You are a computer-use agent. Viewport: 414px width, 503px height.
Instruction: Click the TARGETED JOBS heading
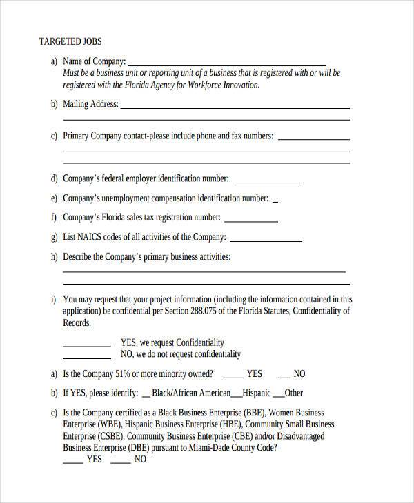coord(71,41)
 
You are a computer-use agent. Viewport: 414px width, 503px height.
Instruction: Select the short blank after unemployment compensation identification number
coord(275,202)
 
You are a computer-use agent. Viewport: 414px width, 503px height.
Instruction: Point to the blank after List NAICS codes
coord(266,241)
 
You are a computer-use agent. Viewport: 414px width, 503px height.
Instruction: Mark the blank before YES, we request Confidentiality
coord(87,345)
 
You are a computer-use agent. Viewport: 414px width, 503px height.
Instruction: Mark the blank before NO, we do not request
coord(87,358)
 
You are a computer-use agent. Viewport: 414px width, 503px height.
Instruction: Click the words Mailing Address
coord(90,104)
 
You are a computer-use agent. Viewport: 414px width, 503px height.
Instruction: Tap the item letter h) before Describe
coord(54,257)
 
